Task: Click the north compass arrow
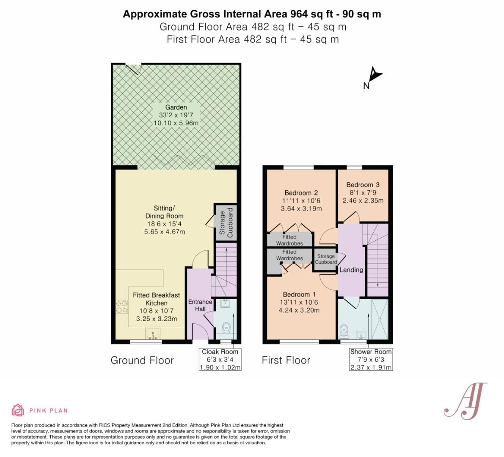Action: coord(374,74)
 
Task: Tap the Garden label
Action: coord(176,107)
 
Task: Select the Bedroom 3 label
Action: coord(363,185)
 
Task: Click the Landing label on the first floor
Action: coord(351,270)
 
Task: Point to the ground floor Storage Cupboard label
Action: coord(226,223)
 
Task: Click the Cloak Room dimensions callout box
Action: coord(220,359)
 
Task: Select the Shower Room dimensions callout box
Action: coord(371,359)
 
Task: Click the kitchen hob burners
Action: coord(122,306)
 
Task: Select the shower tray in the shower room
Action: coord(380,319)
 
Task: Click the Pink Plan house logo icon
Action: coord(18,410)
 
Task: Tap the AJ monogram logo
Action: coord(466,401)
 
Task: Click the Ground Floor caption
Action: coord(142,360)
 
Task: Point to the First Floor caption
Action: coord(286,360)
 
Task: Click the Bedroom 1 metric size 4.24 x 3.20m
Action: coord(299,310)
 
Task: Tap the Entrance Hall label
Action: coord(200,306)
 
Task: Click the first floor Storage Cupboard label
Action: coord(326,259)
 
